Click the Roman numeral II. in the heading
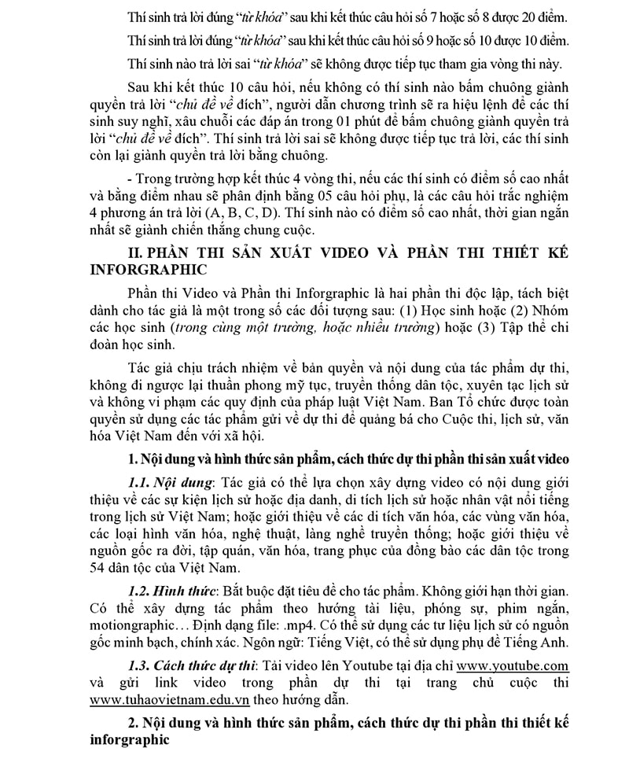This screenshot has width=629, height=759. click(137, 253)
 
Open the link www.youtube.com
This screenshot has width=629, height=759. click(513, 665)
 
